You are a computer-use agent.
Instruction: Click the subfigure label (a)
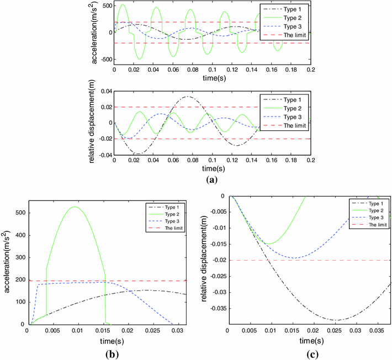[x=211, y=179]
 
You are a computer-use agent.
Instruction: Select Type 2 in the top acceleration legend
[x=292, y=17]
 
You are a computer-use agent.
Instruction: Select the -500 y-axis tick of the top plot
[x=103, y=60]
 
